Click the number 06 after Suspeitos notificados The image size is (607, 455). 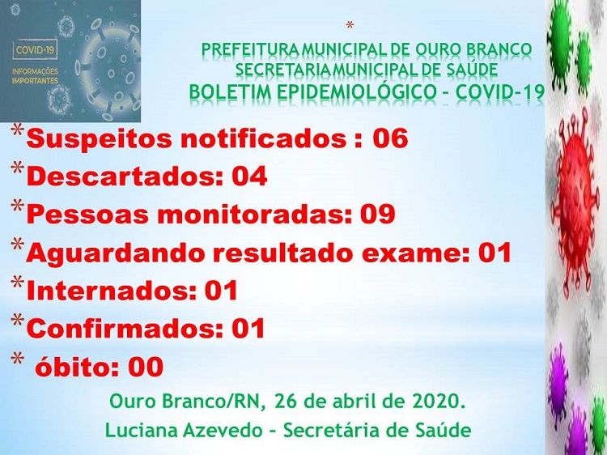click(390, 138)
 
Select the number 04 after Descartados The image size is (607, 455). click(249, 176)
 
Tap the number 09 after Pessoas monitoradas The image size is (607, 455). click(377, 214)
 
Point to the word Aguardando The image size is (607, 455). click(116, 253)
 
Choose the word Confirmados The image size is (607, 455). click(125, 329)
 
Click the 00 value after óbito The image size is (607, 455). click(146, 367)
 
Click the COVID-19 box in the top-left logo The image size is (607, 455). click(36, 51)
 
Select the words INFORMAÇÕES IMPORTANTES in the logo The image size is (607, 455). click(36, 76)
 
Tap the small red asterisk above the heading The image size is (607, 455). click(350, 26)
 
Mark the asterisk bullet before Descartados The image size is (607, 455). click(17, 168)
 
